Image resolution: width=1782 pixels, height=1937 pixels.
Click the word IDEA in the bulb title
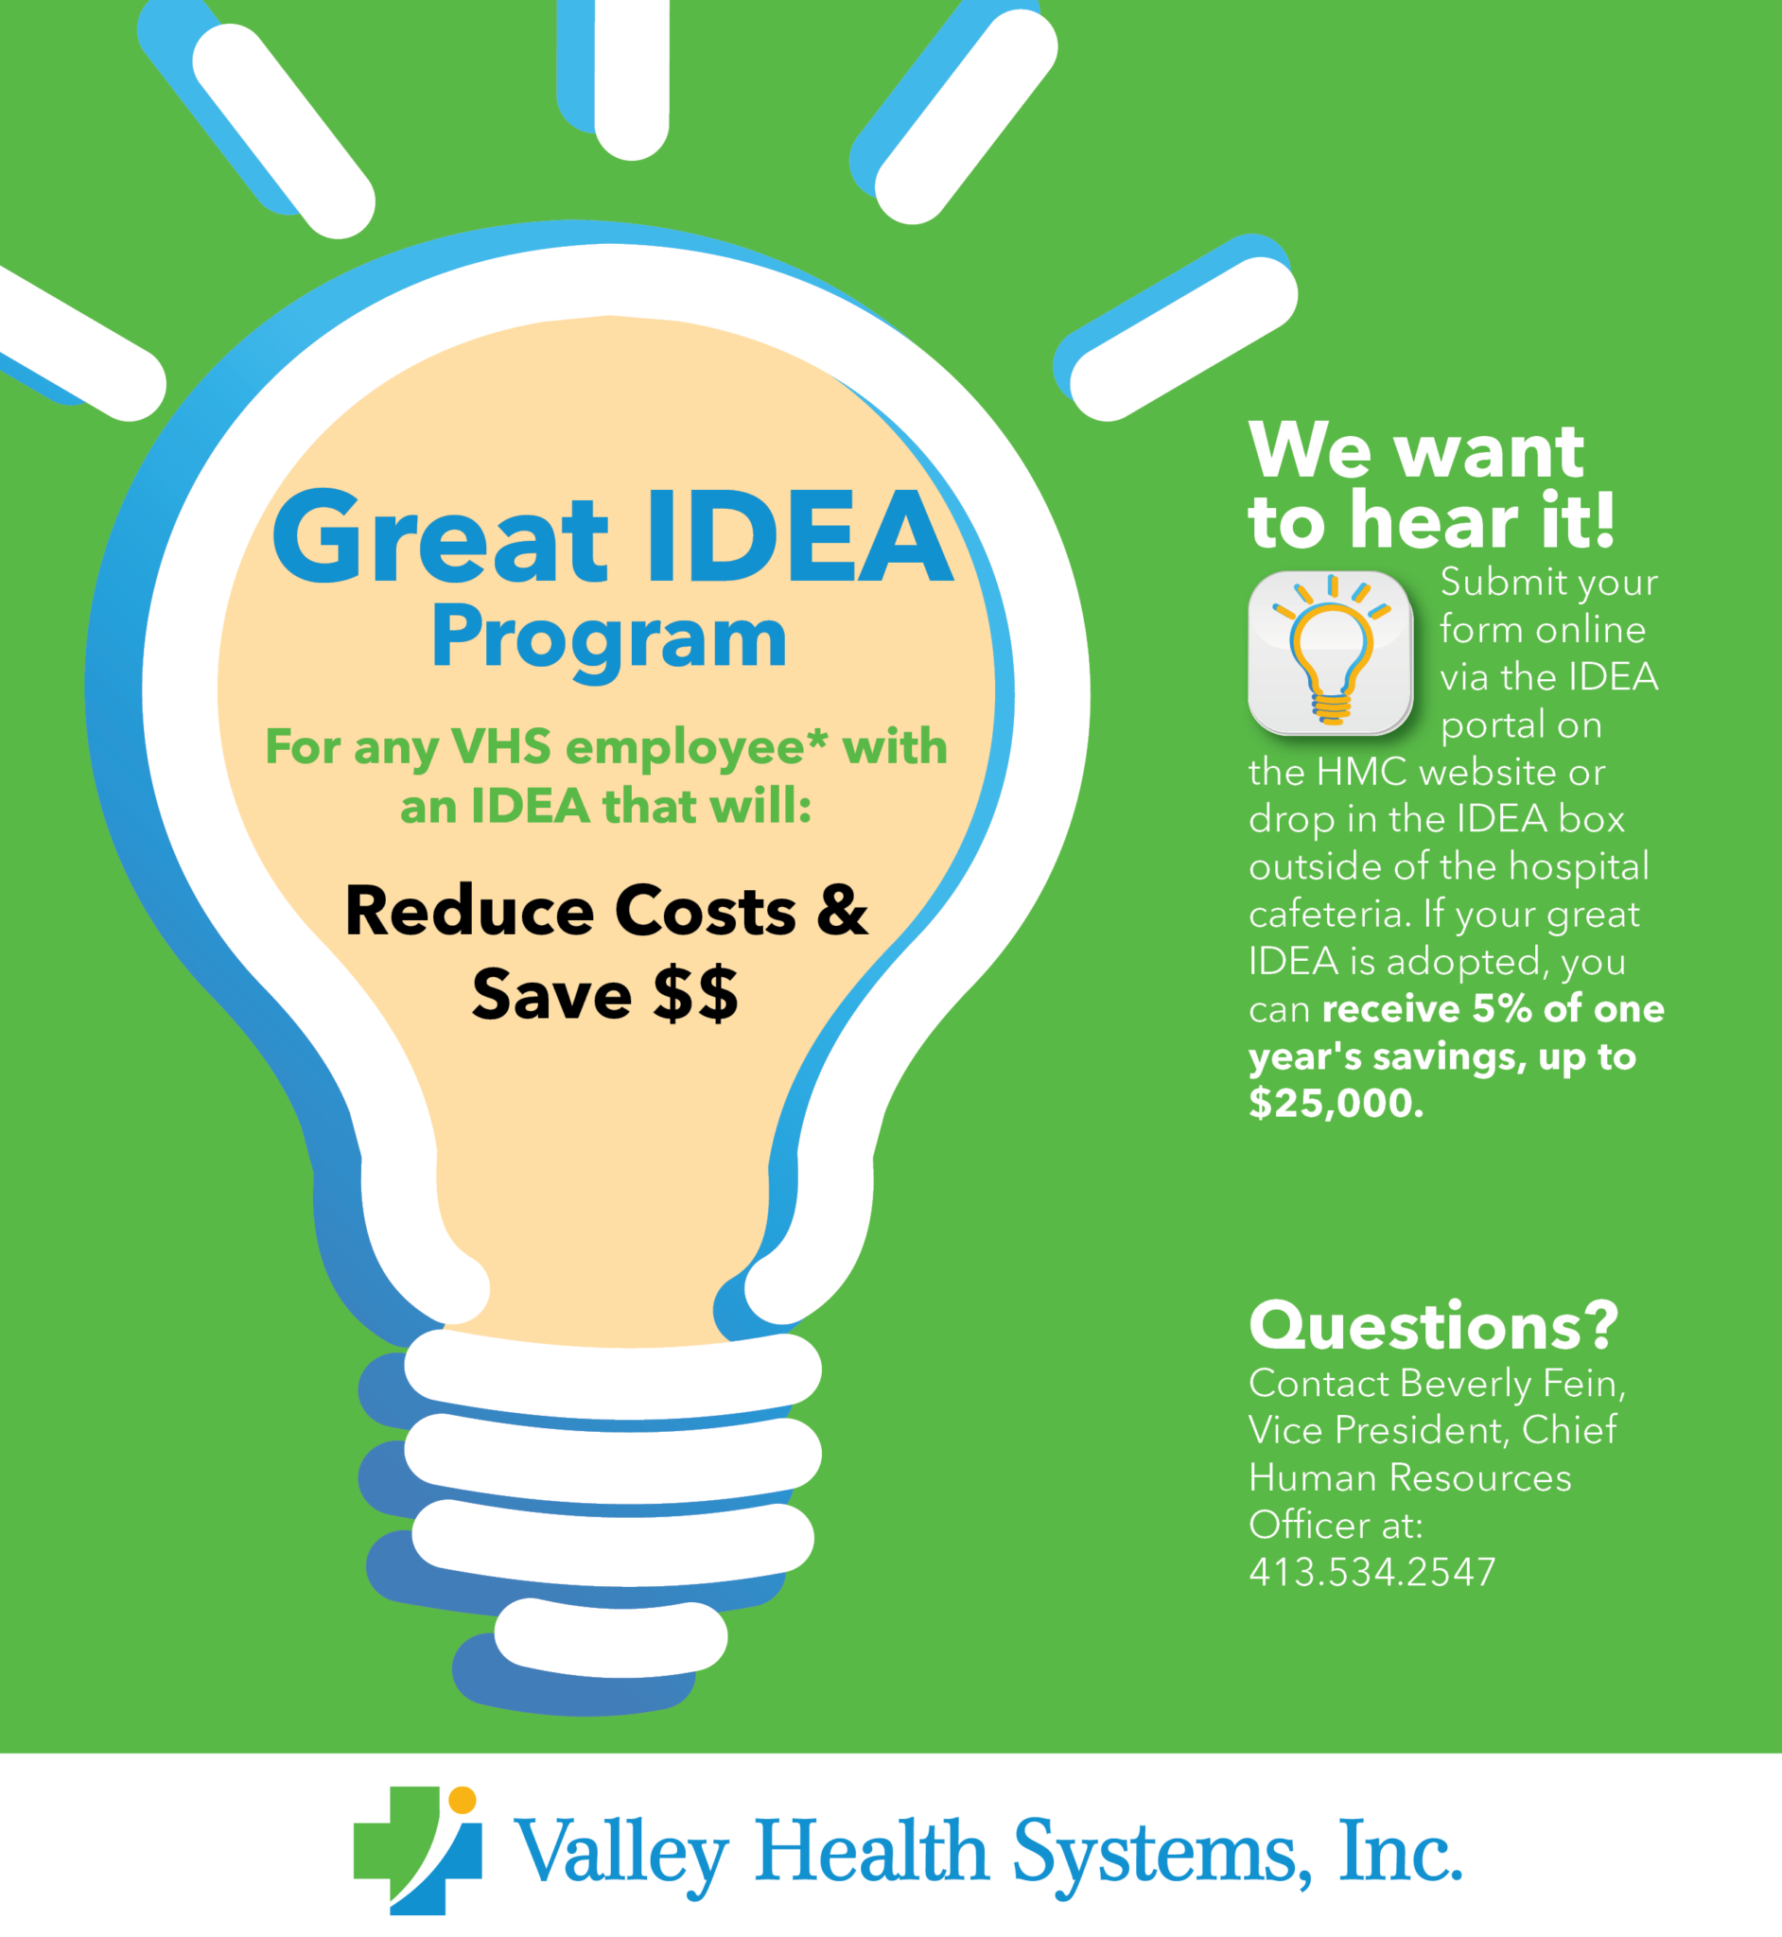point(798,537)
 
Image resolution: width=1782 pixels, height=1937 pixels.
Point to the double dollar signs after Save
point(695,994)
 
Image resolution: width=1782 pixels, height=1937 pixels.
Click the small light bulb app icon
point(1331,653)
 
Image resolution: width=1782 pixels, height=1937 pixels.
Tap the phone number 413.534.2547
point(1371,1572)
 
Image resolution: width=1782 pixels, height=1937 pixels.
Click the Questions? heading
point(1433,1327)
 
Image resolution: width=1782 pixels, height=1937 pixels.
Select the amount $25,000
point(1336,1103)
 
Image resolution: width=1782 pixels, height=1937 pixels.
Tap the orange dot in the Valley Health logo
point(463,1800)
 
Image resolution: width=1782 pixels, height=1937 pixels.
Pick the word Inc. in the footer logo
point(1400,1851)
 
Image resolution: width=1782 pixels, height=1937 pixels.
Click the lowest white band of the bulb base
point(610,1636)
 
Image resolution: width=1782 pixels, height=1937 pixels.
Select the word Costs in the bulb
point(705,911)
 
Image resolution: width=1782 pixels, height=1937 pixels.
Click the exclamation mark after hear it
point(1603,520)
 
